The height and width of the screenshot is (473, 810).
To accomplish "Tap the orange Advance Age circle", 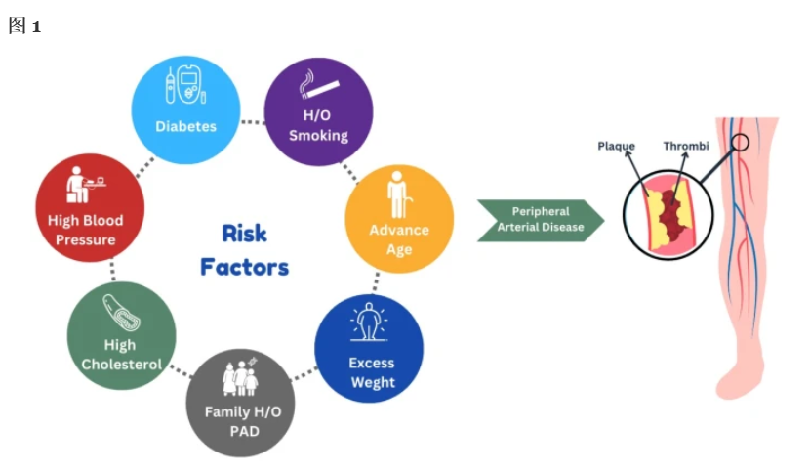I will click(399, 217).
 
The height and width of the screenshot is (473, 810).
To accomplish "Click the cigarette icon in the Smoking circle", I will click(318, 85).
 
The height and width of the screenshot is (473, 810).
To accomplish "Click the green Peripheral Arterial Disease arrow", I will click(540, 219).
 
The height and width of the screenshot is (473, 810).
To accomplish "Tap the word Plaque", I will click(616, 147).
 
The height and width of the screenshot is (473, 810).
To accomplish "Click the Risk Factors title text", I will click(245, 249).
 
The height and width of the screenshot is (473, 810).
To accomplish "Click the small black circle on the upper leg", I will click(741, 143).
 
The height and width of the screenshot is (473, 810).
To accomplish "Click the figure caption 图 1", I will click(23, 26).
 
